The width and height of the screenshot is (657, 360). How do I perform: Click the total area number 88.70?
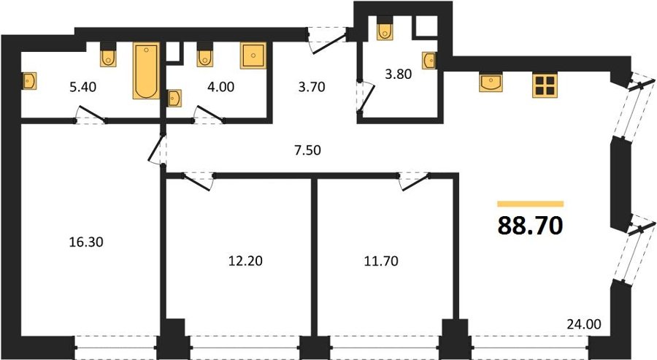point(530,226)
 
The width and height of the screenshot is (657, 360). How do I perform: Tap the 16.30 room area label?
point(86,242)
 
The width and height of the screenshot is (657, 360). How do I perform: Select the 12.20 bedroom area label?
point(245,261)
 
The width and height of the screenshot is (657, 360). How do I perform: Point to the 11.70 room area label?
point(381,261)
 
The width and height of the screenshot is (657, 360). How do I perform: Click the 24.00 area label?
point(584,324)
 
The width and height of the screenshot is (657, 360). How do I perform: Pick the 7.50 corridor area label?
point(307,150)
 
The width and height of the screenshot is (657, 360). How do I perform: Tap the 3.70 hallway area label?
point(312,87)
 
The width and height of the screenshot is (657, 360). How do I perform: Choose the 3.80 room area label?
point(398,74)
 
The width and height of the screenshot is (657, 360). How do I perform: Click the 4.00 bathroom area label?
point(220,87)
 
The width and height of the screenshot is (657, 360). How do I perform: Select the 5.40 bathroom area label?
point(83,87)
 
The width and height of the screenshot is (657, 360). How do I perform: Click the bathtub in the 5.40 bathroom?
point(146,71)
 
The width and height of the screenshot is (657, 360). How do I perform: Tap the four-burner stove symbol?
point(545,85)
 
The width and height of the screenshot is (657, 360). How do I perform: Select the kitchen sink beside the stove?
point(491,83)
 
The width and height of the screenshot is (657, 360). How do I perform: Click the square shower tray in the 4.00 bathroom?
point(253,55)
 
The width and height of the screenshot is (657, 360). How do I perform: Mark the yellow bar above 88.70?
point(531,204)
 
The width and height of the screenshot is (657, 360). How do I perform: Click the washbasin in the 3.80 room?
point(429,61)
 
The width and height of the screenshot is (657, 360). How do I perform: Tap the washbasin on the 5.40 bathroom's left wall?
point(29,81)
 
